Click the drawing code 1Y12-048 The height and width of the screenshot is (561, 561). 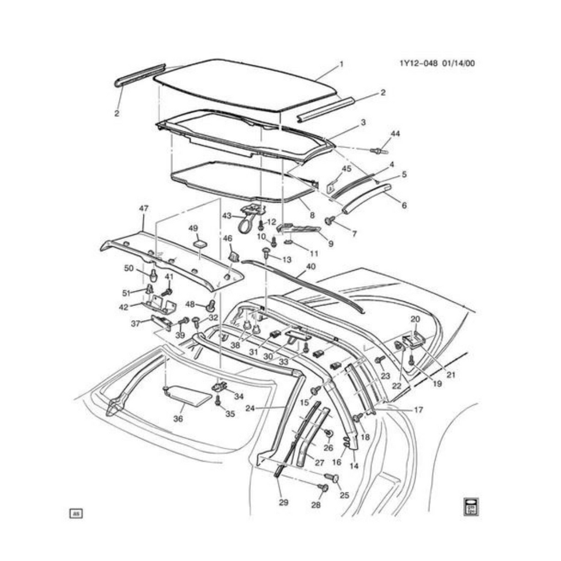[x=421, y=64]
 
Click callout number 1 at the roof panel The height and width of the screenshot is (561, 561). [x=341, y=64]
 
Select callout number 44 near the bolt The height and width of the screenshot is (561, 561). [x=395, y=134]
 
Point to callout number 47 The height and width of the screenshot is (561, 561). [x=144, y=208]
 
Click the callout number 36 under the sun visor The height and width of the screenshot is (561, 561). [x=178, y=418]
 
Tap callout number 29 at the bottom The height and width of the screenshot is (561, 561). [x=283, y=502]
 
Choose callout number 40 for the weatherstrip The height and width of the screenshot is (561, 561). [x=310, y=266]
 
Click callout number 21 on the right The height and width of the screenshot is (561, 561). [x=450, y=374]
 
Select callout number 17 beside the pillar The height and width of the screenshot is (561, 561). [x=418, y=410]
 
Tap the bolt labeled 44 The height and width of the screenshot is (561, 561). [x=379, y=151]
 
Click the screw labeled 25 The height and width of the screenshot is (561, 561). [x=335, y=479]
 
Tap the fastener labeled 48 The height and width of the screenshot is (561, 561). [x=210, y=304]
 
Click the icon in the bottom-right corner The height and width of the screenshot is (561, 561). [x=471, y=507]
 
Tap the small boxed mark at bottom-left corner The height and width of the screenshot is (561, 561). [x=76, y=514]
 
